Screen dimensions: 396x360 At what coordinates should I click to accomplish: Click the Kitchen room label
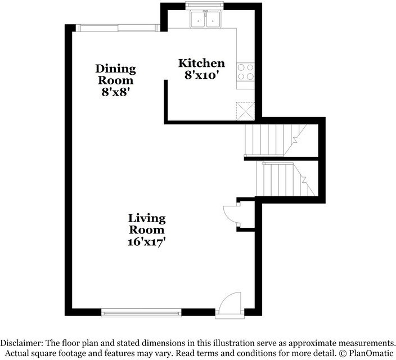point(201,63)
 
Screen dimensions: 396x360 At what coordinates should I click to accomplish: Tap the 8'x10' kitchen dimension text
point(201,75)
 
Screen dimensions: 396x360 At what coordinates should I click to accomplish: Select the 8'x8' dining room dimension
point(116,92)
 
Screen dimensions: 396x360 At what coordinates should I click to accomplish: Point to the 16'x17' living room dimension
point(146,242)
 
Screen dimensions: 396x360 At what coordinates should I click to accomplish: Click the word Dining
point(116,69)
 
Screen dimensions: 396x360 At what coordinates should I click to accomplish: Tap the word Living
point(147,219)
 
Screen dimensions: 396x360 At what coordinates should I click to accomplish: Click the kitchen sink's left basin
point(198,19)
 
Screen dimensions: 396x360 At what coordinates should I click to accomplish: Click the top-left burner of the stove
point(241,67)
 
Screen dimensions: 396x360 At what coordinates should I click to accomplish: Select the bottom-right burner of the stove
point(250,76)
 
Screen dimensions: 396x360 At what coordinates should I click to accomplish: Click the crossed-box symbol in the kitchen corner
point(245,111)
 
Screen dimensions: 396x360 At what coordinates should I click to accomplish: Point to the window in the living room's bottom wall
point(141,313)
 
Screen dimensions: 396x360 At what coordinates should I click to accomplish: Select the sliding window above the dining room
point(118,28)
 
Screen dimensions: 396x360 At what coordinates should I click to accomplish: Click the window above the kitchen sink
point(205,6)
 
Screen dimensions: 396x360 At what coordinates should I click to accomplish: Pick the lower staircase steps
point(285,179)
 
